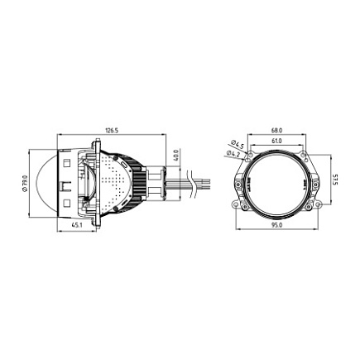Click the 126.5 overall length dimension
[x=110, y=131]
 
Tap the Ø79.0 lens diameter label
[x=25, y=180]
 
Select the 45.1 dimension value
[x=76, y=224]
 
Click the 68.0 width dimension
[x=276, y=130]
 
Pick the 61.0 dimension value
[x=276, y=141]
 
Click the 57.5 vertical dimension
[x=334, y=180]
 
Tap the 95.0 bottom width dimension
[x=276, y=224]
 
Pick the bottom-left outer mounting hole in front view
[x=237, y=204]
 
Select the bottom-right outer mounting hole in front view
[x=316, y=204]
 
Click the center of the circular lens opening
[x=276, y=180]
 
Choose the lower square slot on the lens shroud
[x=66, y=200]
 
